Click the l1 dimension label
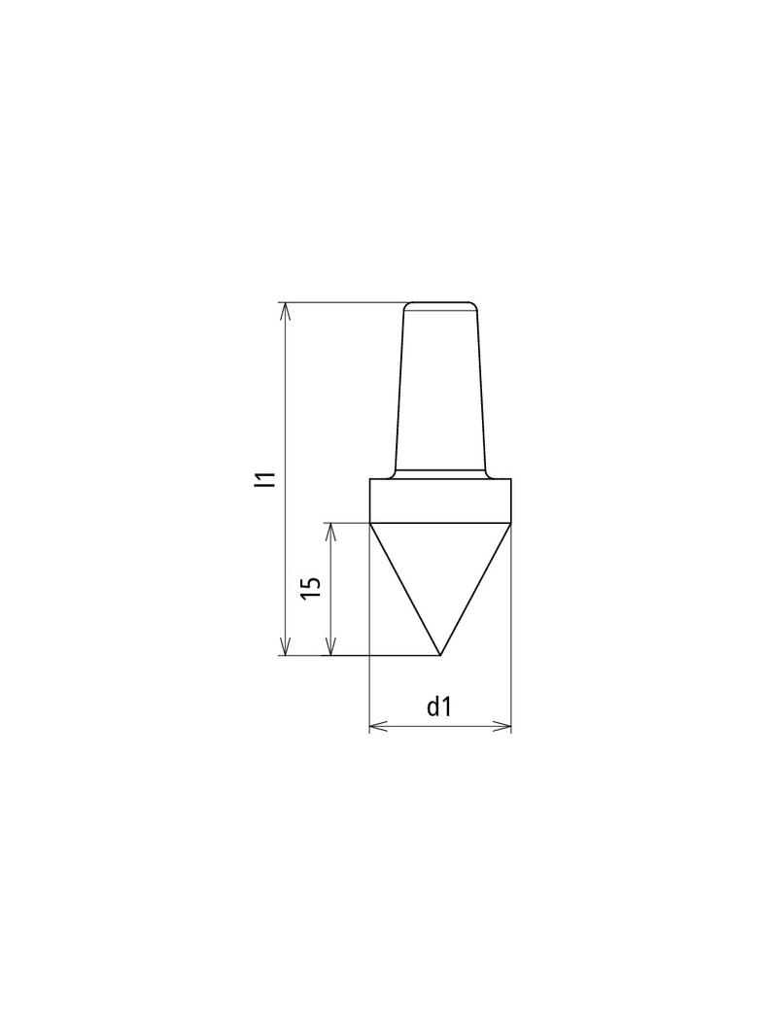(x=267, y=479)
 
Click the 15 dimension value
(x=311, y=589)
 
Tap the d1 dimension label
(x=439, y=707)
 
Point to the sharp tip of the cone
(x=440, y=655)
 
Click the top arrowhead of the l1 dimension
(x=286, y=311)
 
